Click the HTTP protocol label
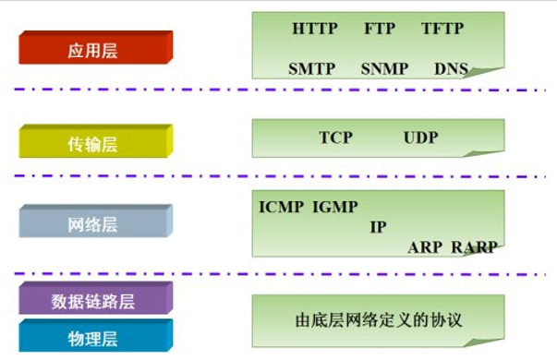315,29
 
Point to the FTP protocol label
380,29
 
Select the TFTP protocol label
445,29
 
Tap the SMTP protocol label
311,69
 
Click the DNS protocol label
451,69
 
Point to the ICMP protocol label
282,206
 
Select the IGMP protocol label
334,206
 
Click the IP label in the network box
378,226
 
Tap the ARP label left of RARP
425,246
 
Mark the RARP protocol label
474,246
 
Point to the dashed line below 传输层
277,175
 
